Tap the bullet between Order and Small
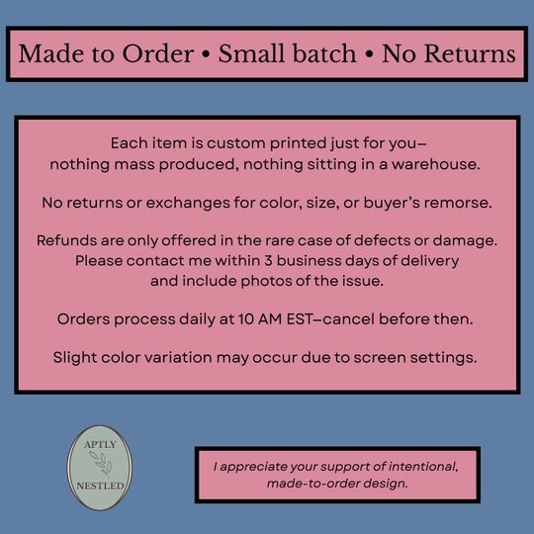206,54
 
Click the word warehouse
435,164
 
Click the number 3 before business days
268,261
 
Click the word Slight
74,358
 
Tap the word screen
380,358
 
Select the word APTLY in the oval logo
100,445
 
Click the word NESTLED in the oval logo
100,486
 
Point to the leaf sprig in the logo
101,463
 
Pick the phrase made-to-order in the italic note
312,484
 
